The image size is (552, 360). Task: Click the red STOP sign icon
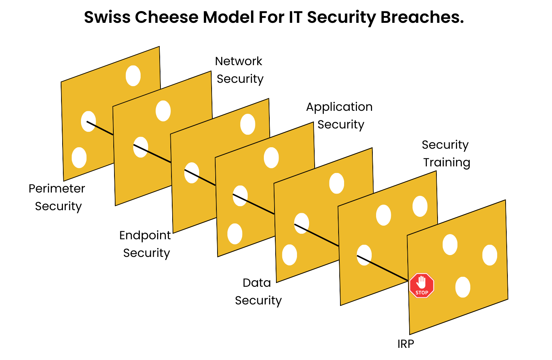422,285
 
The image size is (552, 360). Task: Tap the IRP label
406,344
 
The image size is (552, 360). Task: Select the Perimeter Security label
57,197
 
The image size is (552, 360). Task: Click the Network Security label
239,70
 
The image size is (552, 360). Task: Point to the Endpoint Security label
145,244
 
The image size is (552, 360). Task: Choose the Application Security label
340,116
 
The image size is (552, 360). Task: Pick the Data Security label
258,292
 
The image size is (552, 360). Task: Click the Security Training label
446,153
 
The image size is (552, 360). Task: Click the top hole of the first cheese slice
133,76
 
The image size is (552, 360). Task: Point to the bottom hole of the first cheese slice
79,158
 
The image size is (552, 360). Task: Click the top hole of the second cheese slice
163,111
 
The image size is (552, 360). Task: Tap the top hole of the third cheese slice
248,124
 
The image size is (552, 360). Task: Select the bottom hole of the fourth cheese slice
235,234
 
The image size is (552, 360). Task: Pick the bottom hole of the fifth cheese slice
290,255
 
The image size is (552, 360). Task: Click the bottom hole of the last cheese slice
463,287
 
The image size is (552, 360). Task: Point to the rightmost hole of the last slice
489,255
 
